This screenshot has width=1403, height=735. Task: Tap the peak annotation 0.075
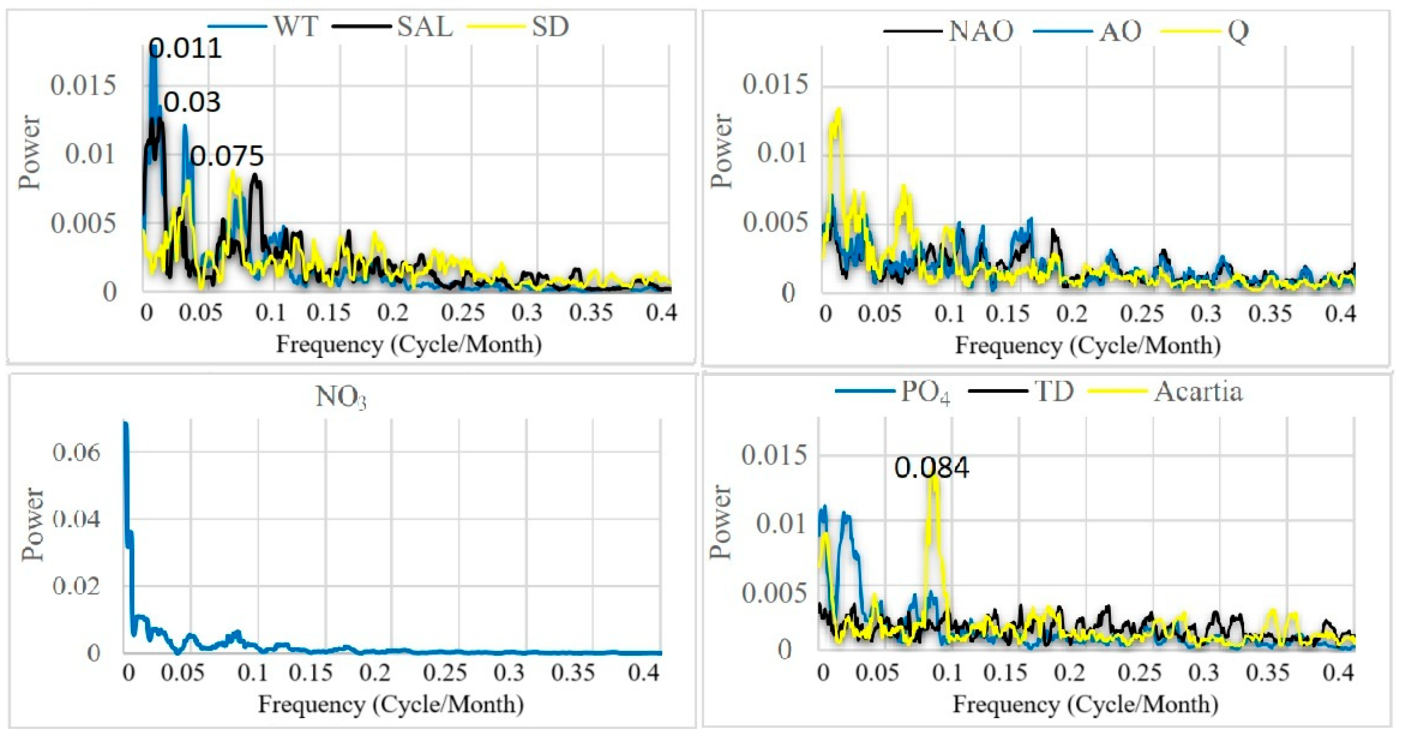click(x=227, y=157)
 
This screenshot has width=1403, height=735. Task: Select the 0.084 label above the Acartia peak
click(x=931, y=468)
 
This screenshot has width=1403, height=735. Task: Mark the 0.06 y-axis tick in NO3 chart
click(x=76, y=452)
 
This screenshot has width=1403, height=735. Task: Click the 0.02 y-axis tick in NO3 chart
click(x=76, y=586)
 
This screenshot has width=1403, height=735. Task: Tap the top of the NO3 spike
click(x=125, y=423)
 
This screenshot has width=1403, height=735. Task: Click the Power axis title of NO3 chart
click(x=32, y=523)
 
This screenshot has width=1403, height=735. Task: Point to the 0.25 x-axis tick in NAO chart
click(x=1142, y=314)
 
